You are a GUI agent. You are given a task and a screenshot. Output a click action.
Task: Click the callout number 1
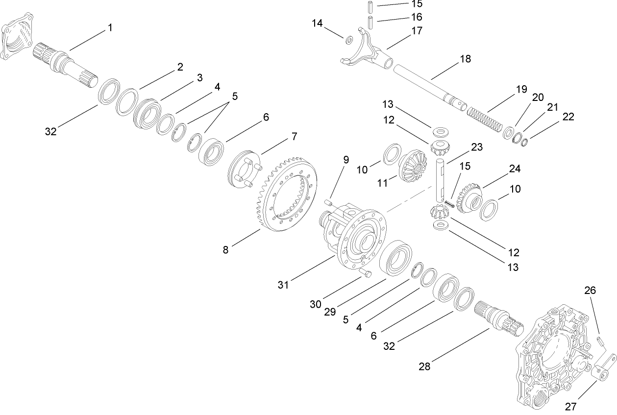coord(110,28)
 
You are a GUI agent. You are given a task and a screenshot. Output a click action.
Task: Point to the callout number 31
coord(284,285)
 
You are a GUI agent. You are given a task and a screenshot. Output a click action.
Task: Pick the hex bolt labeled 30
coord(366,273)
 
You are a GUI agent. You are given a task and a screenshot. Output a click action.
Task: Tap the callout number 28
coord(425,366)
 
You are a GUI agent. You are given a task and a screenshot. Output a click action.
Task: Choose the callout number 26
coord(590,291)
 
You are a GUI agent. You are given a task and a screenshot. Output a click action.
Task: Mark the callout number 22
coord(568,117)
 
